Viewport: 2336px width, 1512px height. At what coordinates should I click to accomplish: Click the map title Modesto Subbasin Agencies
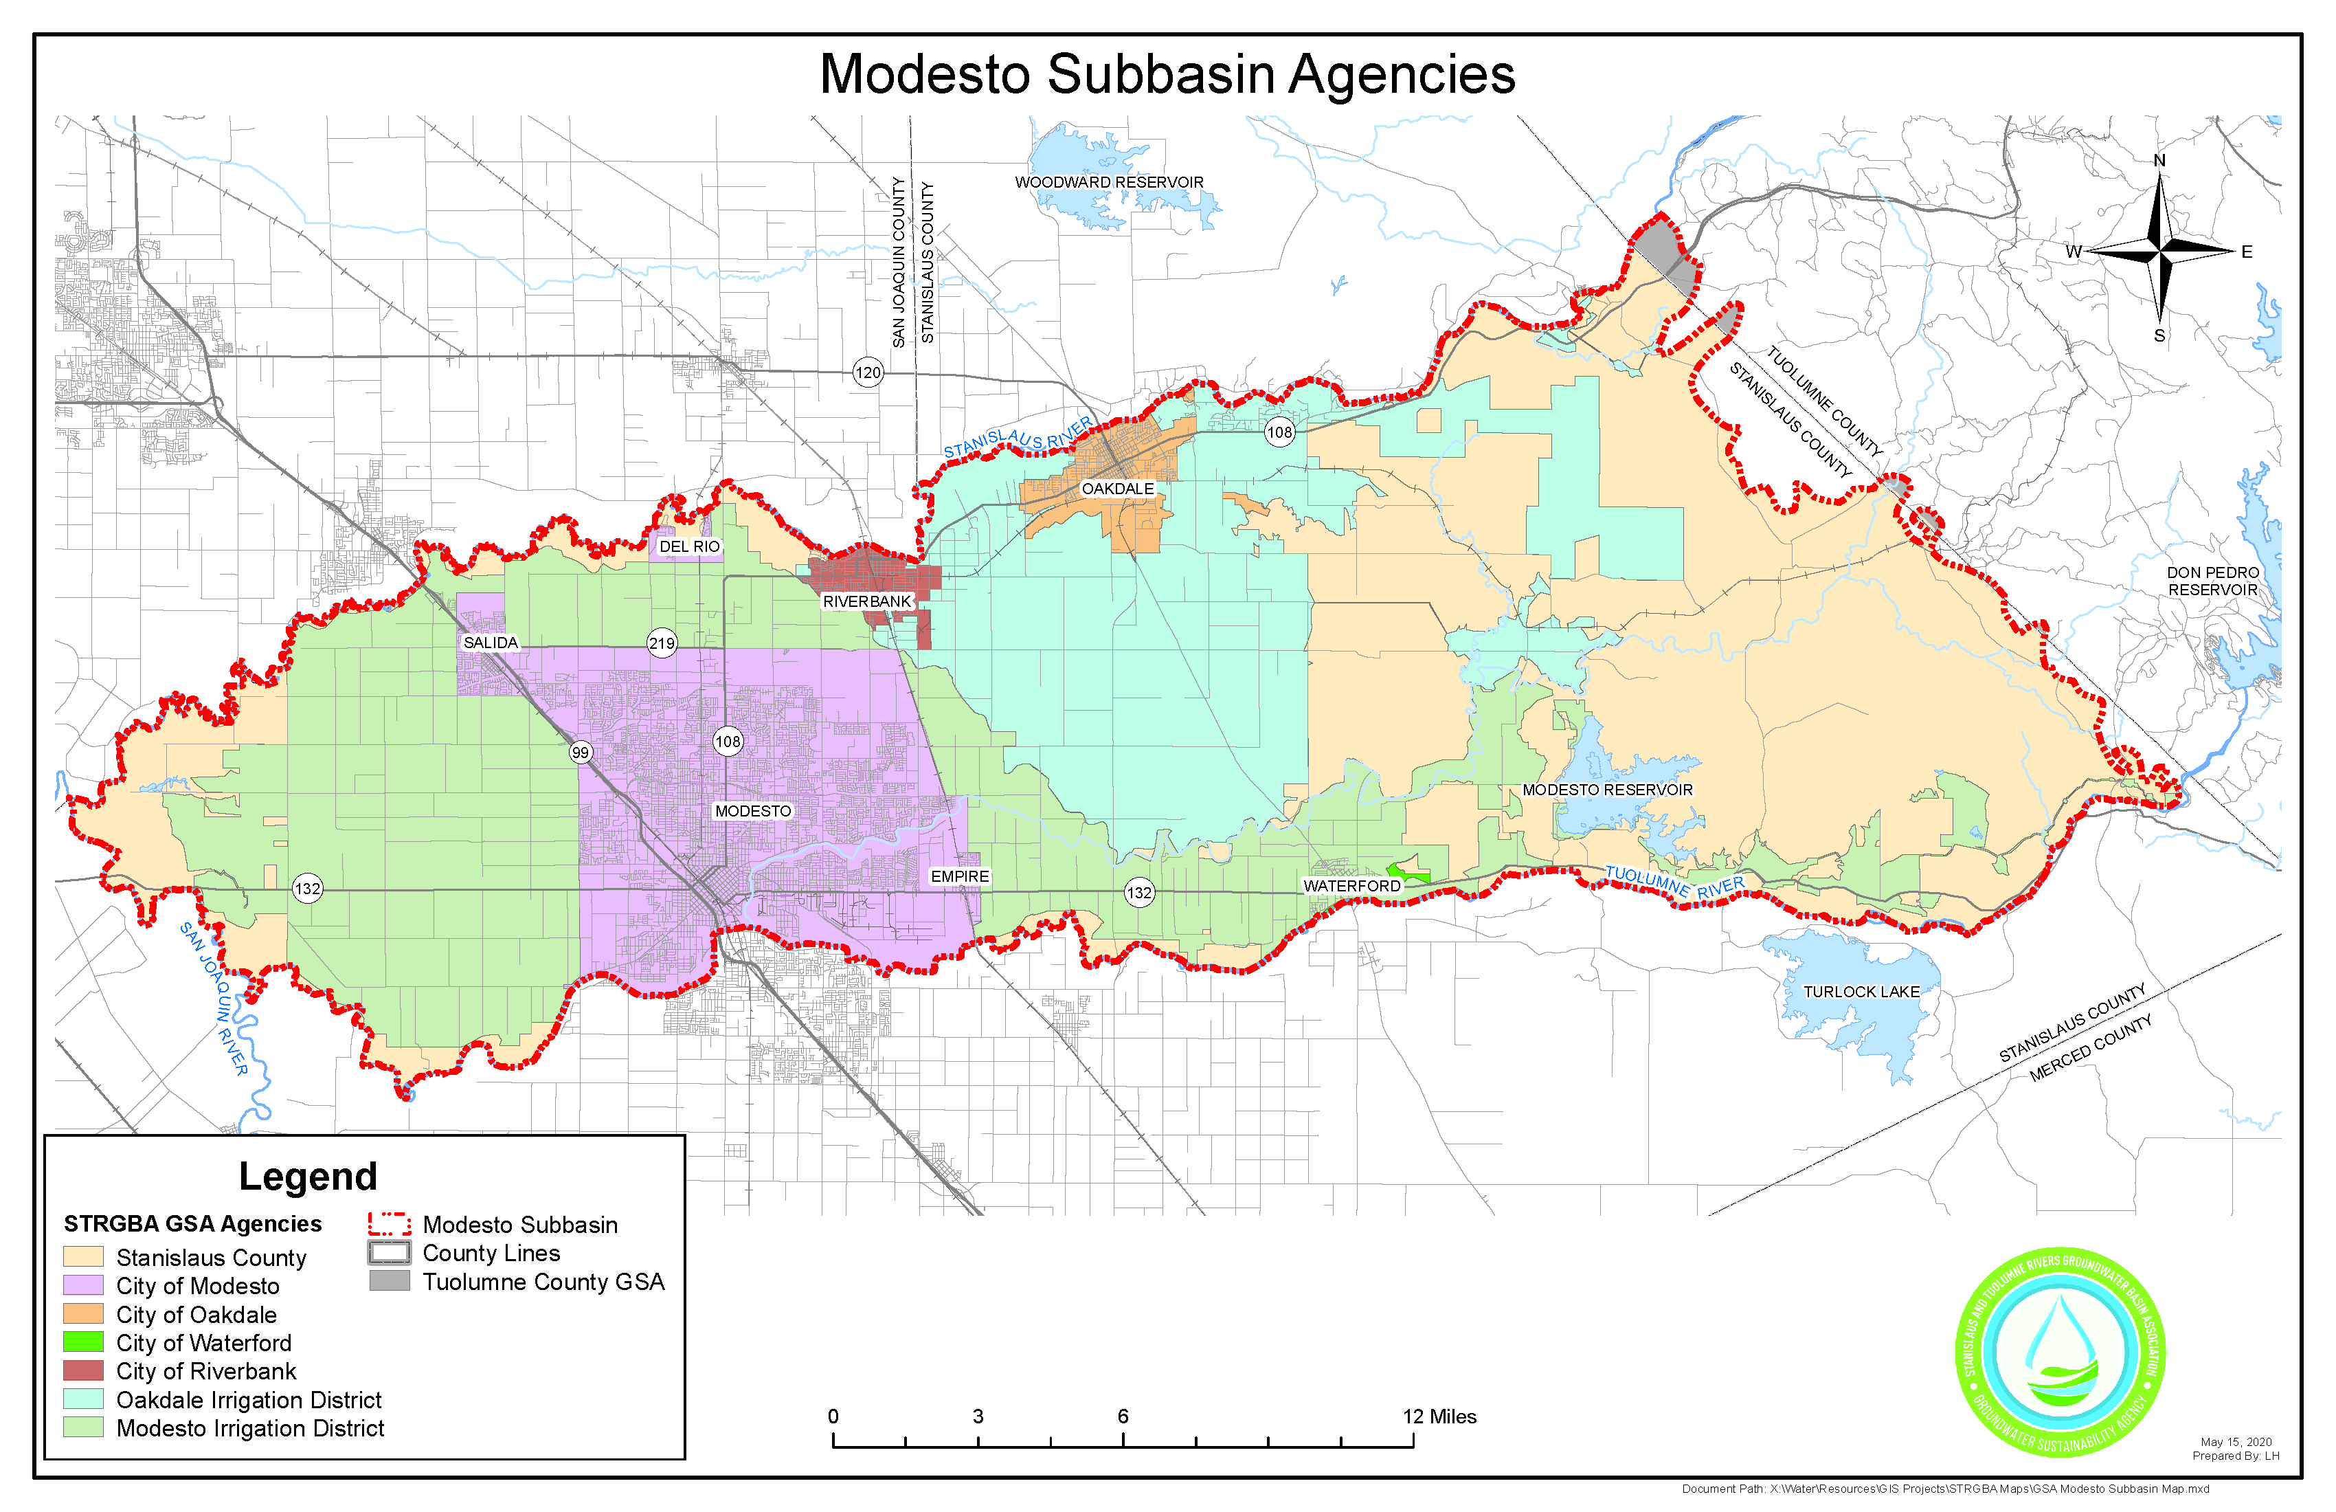point(1167,75)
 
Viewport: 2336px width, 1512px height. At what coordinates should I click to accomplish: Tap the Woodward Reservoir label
point(1109,183)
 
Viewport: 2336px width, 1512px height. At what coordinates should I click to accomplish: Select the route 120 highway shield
point(868,373)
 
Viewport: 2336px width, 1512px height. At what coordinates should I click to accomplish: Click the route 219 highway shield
point(662,644)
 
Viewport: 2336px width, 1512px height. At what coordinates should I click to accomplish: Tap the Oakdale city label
point(1117,489)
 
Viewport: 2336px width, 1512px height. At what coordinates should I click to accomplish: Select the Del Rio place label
point(689,547)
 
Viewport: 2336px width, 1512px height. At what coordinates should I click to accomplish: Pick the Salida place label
point(490,643)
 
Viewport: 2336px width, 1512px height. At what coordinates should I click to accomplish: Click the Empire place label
point(960,877)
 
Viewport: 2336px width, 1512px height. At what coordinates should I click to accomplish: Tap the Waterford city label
point(1351,887)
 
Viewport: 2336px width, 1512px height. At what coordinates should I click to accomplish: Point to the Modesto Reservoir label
point(1607,790)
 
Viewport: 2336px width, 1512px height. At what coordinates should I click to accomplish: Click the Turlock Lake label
point(1861,992)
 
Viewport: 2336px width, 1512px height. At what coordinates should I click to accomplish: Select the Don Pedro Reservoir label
point(2212,581)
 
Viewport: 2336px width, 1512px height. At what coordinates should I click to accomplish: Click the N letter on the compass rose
point(2159,161)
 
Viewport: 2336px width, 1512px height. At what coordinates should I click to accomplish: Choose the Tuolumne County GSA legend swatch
point(390,1281)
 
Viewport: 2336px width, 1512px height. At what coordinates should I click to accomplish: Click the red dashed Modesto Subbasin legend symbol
point(390,1224)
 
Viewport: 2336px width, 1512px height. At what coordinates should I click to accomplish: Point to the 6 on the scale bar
point(1123,1416)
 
